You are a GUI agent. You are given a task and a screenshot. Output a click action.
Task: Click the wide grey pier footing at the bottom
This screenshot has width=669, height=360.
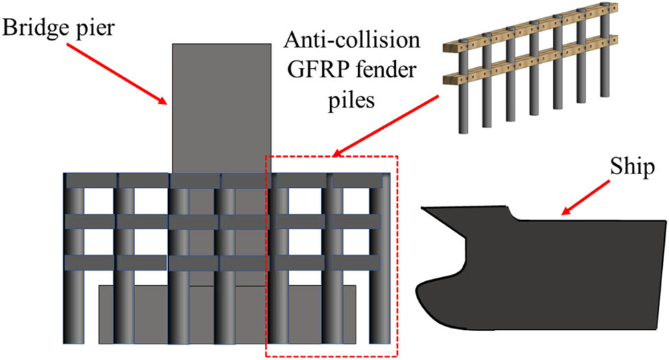[x=226, y=315]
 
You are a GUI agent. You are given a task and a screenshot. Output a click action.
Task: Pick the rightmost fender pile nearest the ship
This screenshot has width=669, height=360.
[x=379, y=274]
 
